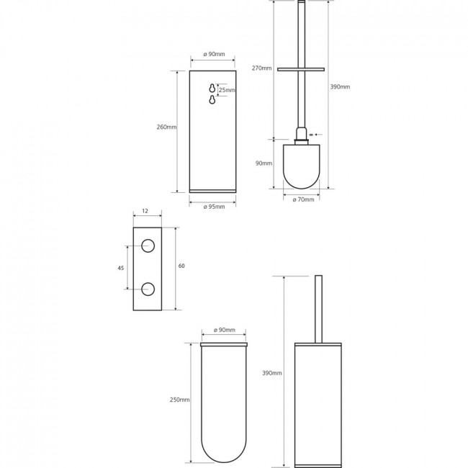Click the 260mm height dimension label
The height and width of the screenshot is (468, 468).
point(166,127)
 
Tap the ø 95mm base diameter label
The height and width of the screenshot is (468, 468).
point(214,207)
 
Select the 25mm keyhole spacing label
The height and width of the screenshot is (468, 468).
point(227,90)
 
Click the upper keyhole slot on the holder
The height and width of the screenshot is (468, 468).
point(212,89)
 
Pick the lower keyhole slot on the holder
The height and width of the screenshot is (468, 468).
point(212,100)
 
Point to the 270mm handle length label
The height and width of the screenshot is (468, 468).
point(262,68)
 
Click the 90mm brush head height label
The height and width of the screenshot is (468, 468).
point(264,163)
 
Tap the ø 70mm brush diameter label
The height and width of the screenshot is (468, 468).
point(303,199)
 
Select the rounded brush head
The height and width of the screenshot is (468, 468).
point(301,166)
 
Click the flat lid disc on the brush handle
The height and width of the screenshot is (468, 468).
point(301,70)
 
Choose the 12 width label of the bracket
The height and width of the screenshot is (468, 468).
point(145,211)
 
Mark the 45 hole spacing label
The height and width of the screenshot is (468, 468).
point(120,268)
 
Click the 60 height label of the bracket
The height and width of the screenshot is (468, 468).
point(181,266)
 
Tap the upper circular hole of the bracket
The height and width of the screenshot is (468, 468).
point(148,246)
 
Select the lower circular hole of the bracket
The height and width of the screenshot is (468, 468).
point(148,289)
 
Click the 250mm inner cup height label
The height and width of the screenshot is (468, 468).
point(180,400)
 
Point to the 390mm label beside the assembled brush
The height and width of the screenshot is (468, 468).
point(272,373)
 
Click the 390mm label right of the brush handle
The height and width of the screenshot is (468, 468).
point(340,87)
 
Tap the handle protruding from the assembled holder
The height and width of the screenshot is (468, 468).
point(318,309)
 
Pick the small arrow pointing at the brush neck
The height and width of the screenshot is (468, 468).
point(318,135)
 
